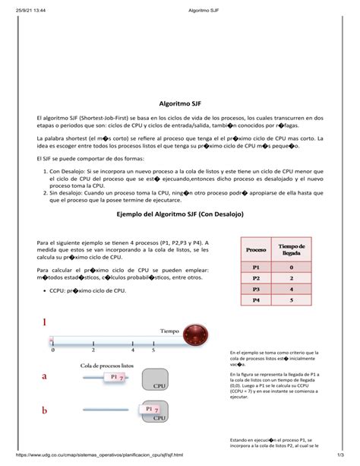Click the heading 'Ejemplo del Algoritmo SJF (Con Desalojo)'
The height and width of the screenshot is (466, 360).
(x=179, y=215)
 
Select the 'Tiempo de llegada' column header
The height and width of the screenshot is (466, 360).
(x=292, y=251)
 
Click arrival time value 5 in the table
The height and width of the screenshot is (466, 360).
(x=292, y=300)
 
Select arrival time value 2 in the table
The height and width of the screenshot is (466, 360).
(x=292, y=279)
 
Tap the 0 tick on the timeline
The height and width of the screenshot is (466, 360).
(x=52, y=350)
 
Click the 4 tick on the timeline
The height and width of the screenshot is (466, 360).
(x=133, y=350)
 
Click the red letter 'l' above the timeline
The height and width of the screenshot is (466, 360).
(x=45, y=325)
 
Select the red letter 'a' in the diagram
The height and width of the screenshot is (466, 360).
(x=45, y=376)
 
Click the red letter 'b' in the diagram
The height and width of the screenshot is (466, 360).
(x=45, y=411)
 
